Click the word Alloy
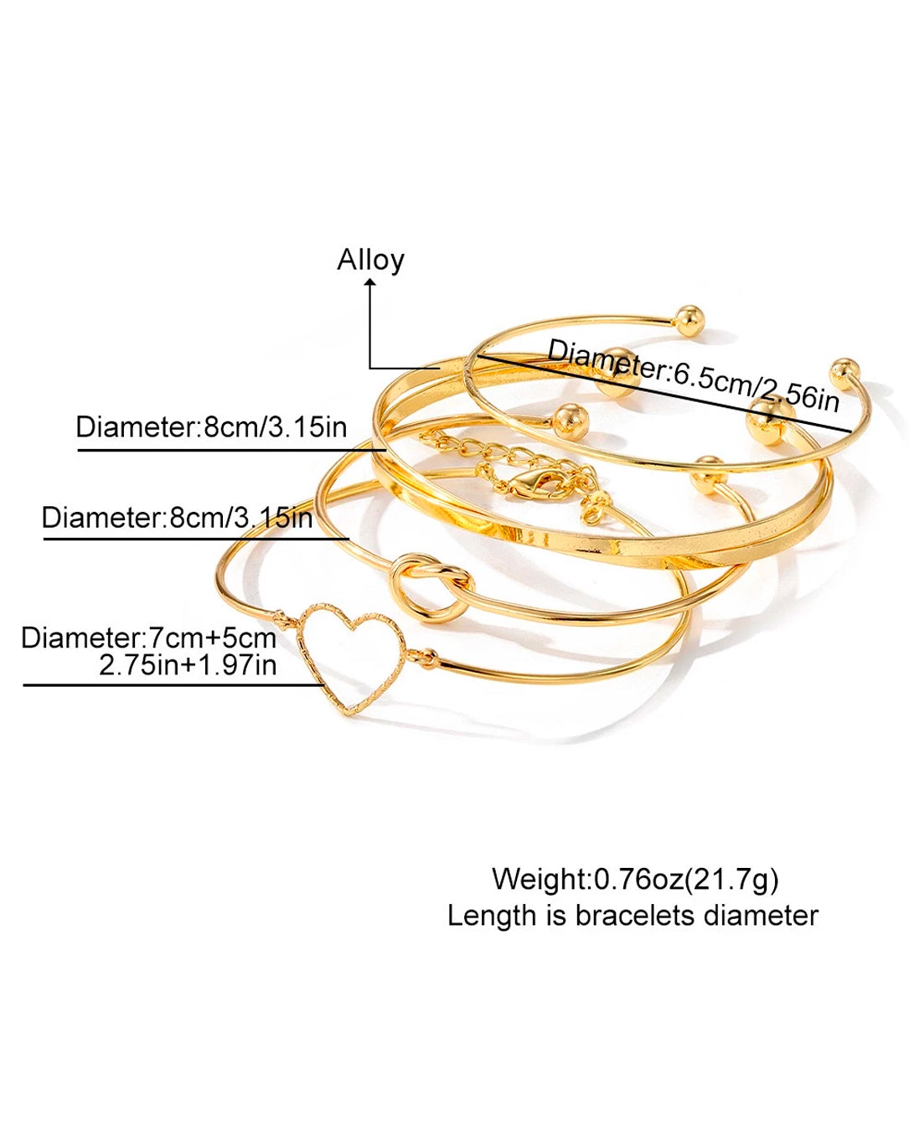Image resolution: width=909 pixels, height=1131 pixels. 370,261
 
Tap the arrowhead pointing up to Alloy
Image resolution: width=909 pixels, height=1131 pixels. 370,282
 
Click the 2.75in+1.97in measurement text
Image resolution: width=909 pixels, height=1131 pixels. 188,665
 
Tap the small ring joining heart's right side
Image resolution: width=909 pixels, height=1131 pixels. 425,655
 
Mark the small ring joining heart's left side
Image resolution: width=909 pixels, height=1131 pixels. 283,614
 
